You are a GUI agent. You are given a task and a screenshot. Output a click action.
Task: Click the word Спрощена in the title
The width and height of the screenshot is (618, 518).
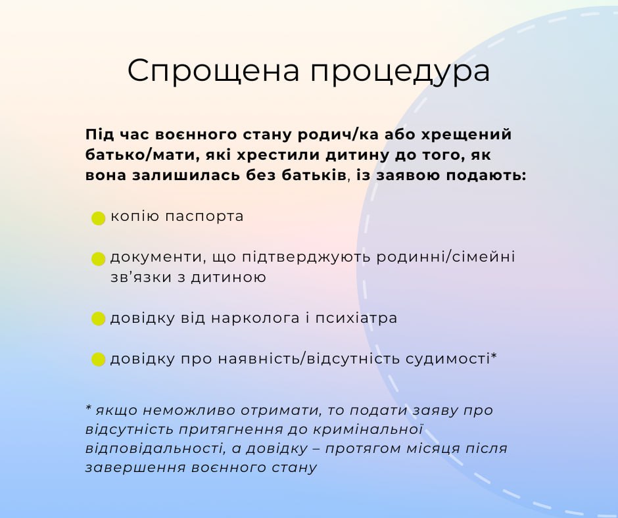(x=213, y=71)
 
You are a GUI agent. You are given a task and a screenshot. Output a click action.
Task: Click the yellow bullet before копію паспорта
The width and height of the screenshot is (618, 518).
(x=98, y=218)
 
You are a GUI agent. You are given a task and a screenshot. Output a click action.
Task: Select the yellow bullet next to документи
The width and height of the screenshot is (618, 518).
(x=98, y=259)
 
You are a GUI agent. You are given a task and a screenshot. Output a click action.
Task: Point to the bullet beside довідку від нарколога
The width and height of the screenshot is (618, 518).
(x=98, y=319)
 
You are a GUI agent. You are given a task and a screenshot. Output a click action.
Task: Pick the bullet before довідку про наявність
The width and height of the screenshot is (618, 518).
(x=98, y=360)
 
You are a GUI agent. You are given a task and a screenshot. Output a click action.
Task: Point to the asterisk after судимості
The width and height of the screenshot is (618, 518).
(x=494, y=356)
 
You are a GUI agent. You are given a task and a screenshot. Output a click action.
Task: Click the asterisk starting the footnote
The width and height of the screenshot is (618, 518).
(x=89, y=408)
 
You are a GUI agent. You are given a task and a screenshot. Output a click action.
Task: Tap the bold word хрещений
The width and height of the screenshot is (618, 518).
(x=466, y=135)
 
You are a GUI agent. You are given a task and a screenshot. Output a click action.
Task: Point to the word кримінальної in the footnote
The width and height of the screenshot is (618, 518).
(x=368, y=429)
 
